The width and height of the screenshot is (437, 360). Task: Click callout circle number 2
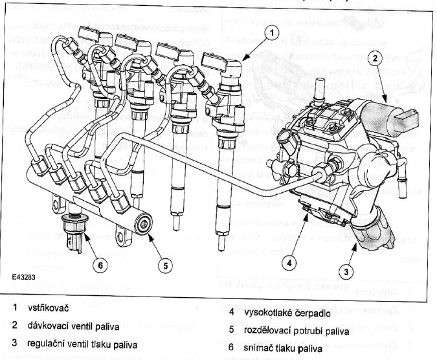(x=374, y=57)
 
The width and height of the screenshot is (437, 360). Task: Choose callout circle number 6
(x=100, y=264)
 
